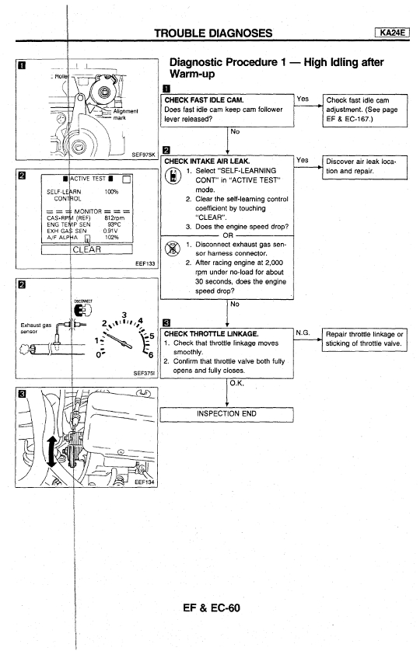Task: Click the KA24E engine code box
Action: pyautogui.click(x=392, y=33)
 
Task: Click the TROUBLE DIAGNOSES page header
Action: pyautogui.click(x=213, y=33)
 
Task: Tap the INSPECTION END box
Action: pyautogui.click(x=226, y=414)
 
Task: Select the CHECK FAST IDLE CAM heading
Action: pyautogui.click(x=204, y=100)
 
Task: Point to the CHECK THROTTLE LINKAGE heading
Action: pyautogui.click(x=211, y=334)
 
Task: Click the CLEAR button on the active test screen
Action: pyautogui.click(x=87, y=249)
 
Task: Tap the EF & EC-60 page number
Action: pyautogui.click(x=212, y=607)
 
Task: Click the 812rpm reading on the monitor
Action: pyautogui.click(x=114, y=218)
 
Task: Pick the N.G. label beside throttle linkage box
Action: pyautogui.click(x=303, y=332)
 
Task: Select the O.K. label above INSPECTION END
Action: pyautogui.click(x=237, y=383)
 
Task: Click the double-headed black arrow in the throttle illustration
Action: pyautogui.click(x=51, y=451)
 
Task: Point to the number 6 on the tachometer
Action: pyautogui.click(x=151, y=354)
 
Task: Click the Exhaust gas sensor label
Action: pyautogui.click(x=36, y=328)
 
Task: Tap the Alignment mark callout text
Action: pyautogui.click(x=125, y=114)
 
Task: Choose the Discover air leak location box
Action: pyautogui.click(x=365, y=167)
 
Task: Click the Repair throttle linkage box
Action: pyautogui.click(x=364, y=339)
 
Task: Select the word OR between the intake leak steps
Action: pyautogui.click(x=228, y=235)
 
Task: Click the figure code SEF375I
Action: pyautogui.click(x=144, y=373)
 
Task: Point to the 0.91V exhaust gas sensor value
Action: pyautogui.click(x=110, y=231)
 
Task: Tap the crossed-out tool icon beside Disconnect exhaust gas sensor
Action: pyautogui.click(x=172, y=249)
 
